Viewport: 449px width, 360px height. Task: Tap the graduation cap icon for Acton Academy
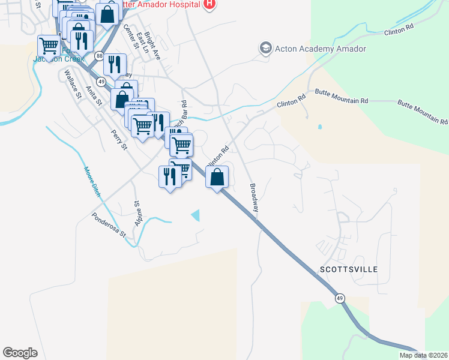pyautogui.click(x=265, y=49)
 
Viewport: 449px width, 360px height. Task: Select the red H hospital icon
pyautogui.click(x=209, y=5)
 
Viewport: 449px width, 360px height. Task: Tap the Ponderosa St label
pyautogui.click(x=108, y=224)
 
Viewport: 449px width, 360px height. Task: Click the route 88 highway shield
pyautogui.click(x=98, y=56)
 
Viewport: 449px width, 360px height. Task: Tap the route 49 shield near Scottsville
pyautogui.click(x=340, y=298)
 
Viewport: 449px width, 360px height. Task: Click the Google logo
pyautogui.click(x=20, y=352)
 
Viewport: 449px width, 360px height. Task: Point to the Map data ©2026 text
pyautogui.click(x=423, y=355)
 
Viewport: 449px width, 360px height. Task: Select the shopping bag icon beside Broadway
pyautogui.click(x=217, y=178)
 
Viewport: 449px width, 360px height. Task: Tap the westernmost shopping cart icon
pyautogui.click(x=48, y=46)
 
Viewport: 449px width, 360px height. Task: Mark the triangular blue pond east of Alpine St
pyautogui.click(x=195, y=215)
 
